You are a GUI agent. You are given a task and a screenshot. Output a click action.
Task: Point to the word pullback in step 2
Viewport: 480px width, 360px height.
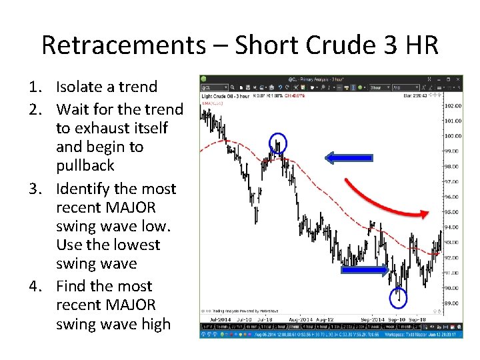pos(85,165)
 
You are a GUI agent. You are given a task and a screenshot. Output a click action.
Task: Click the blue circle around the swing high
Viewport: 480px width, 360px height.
pos(277,144)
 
